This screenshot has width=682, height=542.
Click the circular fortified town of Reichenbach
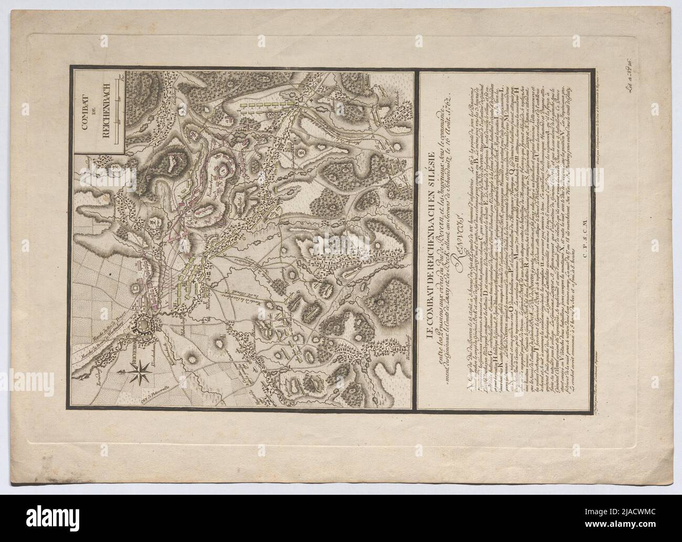[144, 326]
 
